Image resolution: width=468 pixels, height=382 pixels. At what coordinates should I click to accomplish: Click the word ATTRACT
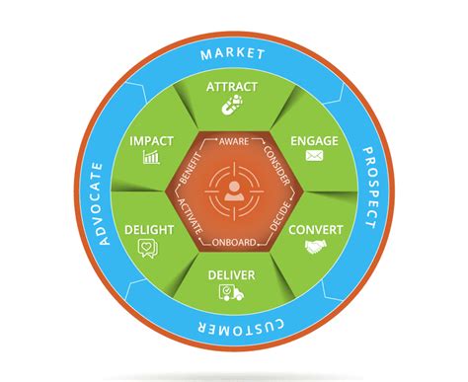[x=233, y=87]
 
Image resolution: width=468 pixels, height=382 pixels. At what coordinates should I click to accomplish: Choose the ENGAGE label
[x=315, y=140]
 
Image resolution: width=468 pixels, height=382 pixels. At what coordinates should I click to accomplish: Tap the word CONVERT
[x=316, y=230]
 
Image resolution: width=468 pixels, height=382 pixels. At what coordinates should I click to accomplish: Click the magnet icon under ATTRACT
[x=233, y=104]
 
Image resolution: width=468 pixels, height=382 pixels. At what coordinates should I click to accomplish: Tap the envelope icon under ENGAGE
[x=315, y=156]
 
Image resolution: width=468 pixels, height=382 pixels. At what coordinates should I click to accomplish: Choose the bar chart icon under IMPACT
[x=151, y=157]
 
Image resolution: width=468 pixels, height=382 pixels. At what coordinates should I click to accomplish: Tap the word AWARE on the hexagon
[x=233, y=142]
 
